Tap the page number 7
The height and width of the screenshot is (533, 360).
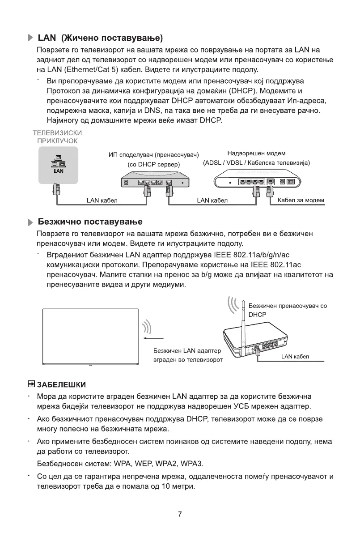pyautogui.click(x=180, y=514)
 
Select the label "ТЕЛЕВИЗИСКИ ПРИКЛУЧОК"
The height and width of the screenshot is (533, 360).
pyautogui.click(x=57, y=136)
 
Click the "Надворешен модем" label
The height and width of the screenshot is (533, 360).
pyautogui.click(x=256, y=154)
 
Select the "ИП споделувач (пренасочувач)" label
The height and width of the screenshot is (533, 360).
pyautogui.click(x=154, y=155)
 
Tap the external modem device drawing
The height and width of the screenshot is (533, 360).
pyautogui.click(x=257, y=182)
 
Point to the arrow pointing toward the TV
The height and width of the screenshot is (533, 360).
pyautogui.click(x=155, y=338)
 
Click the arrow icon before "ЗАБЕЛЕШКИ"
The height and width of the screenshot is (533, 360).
pyautogui.click(x=31, y=384)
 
